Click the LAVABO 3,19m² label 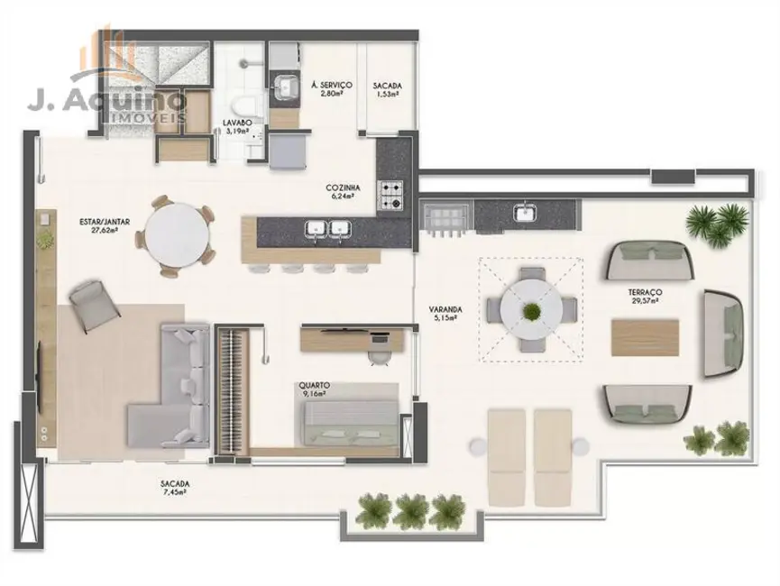coord(229,127)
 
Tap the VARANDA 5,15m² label coord(445,315)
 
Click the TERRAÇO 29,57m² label coord(646,297)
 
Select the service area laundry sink coord(287,87)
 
